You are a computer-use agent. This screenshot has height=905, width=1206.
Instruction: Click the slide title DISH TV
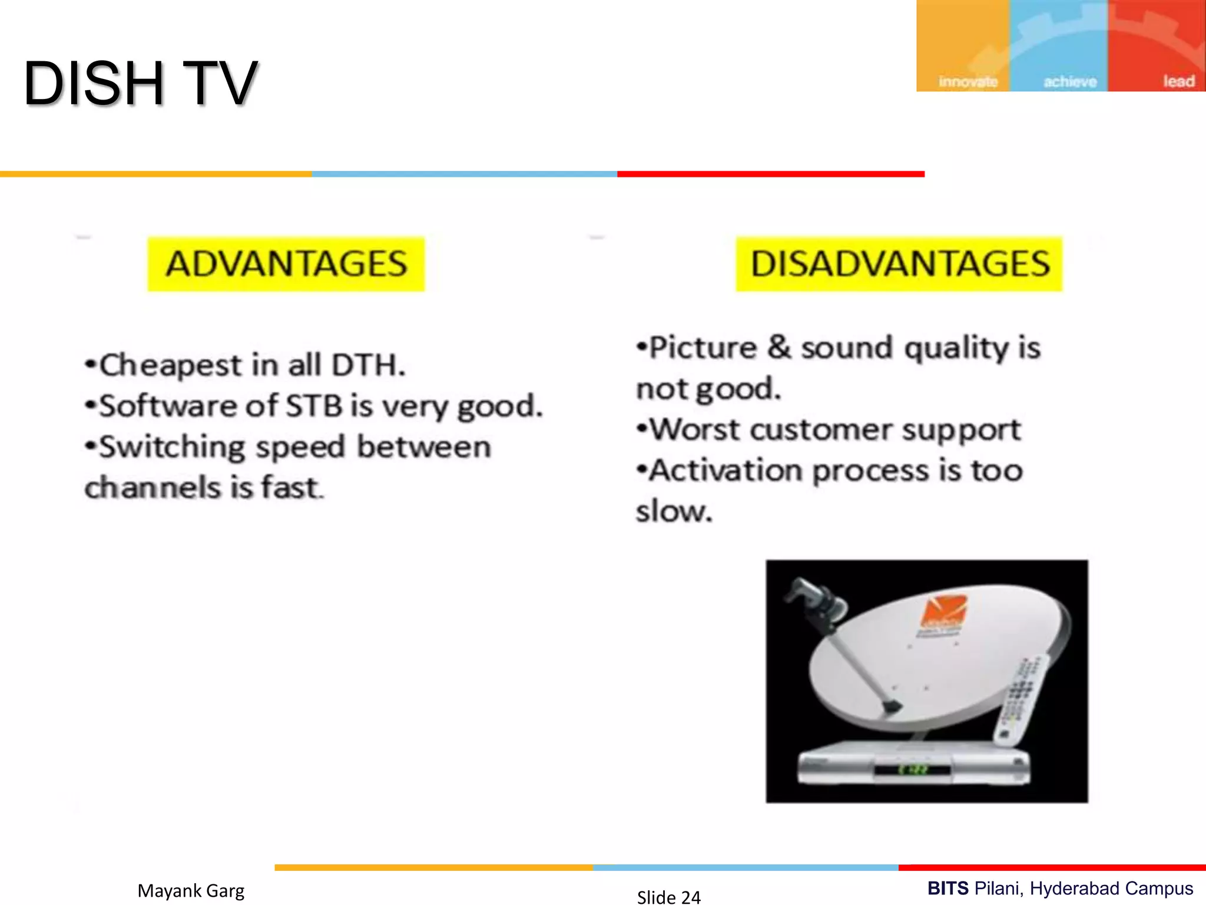(140, 84)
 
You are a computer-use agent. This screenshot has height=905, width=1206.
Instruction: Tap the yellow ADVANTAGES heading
(286, 263)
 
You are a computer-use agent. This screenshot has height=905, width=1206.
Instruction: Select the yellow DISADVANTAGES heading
(899, 263)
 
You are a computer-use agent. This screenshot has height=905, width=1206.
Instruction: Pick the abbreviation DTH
(367, 365)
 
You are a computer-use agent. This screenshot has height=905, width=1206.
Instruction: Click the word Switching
(171, 447)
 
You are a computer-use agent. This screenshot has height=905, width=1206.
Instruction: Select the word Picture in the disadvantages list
(702, 347)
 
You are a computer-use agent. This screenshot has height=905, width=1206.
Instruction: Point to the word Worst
(694, 429)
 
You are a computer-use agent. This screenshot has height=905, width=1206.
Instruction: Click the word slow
(673, 511)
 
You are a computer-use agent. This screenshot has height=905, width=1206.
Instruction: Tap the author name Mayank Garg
(191, 890)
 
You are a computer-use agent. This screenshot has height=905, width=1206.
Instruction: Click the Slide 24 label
(669, 897)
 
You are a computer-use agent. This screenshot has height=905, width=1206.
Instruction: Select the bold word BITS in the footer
(947, 888)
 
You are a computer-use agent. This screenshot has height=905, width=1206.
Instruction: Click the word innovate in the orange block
(968, 81)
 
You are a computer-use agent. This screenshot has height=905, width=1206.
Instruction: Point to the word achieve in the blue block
(1070, 81)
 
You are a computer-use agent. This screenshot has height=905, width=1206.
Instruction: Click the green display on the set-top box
(912, 769)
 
